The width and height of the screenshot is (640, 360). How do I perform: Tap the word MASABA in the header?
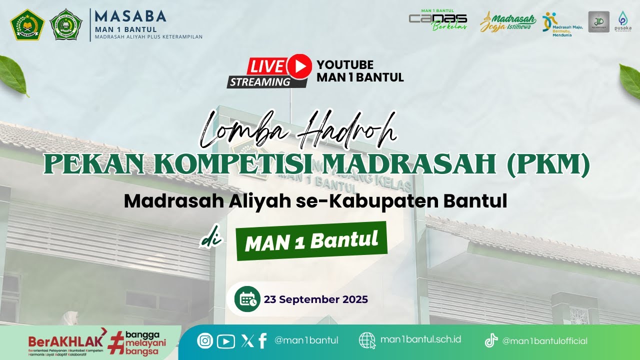coord(130,16)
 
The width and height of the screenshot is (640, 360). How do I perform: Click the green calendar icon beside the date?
coord(247,299)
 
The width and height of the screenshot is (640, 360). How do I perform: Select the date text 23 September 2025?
coord(316,299)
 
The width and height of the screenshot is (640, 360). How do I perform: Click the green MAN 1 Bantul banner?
coord(311,241)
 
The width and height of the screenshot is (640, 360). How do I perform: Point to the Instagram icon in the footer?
coord(205,341)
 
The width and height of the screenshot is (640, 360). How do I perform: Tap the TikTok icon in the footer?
coord(491,341)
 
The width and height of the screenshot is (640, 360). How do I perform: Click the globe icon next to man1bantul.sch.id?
coord(367,340)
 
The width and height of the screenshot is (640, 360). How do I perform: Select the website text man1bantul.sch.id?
coord(420,339)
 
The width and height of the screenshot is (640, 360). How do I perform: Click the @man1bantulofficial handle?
coord(544,341)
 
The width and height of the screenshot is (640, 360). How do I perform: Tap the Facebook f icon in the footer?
coord(262,340)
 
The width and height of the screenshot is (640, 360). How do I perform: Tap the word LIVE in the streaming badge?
coord(267,66)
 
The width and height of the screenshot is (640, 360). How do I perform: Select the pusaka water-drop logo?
coord(622,21)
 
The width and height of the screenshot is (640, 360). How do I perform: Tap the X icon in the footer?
coord(247,341)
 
